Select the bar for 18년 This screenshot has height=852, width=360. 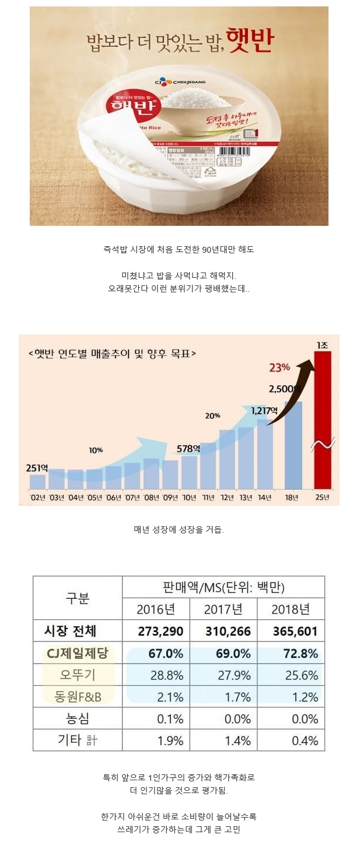[293, 444]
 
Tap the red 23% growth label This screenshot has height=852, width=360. [279, 368]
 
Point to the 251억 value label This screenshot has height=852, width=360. [38, 468]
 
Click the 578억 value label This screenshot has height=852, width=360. [188, 449]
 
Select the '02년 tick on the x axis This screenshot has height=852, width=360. [38, 497]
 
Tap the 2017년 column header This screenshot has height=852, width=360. [223, 610]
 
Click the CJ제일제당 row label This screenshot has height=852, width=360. [77, 654]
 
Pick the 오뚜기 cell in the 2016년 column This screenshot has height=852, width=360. [166, 676]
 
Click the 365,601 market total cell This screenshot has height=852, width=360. [294, 631]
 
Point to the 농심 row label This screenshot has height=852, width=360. [77, 718]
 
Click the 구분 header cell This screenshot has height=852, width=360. [77, 598]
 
